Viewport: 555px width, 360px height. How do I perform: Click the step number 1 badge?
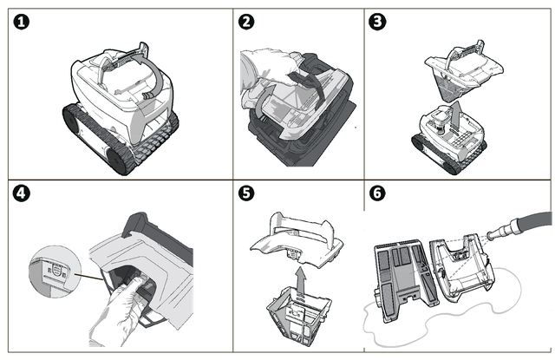click(21, 22)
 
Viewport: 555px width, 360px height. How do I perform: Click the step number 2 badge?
click(246, 22)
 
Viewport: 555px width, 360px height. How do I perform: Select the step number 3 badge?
click(377, 22)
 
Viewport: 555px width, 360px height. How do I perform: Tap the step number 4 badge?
click(21, 193)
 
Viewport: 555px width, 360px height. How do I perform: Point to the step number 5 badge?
click(246, 193)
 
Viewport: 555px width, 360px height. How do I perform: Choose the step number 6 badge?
click(377, 193)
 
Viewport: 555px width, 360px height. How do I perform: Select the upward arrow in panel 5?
click(301, 281)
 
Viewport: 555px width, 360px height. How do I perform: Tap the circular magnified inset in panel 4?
click(55, 272)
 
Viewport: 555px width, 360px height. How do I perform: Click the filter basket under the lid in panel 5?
click(299, 316)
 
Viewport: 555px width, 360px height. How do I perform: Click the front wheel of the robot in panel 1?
click(120, 161)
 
